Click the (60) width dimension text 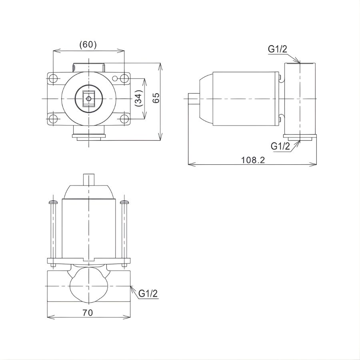pos(88,44)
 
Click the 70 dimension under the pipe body pos(88,313)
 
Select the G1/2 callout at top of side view pos(278,49)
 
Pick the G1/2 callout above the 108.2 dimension pos(280,146)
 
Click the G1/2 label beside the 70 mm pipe pos(148,294)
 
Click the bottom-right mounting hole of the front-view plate pos(124,119)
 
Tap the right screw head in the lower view pos(124,202)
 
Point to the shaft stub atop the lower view pos(88,179)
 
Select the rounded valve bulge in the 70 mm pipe pos(88,286)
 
